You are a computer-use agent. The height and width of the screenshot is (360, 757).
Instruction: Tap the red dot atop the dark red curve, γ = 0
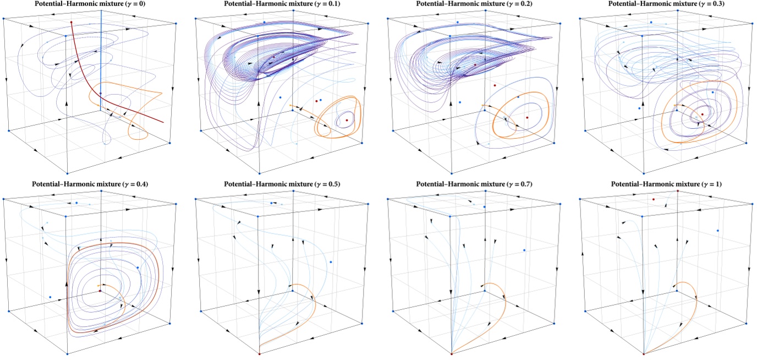coord(72,23)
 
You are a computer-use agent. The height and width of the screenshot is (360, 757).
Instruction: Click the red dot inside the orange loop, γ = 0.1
coord(347,120)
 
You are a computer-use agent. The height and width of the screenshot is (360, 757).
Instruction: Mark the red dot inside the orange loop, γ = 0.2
coord(527,118)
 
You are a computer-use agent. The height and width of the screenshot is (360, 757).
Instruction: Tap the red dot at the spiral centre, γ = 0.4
coord(100,291)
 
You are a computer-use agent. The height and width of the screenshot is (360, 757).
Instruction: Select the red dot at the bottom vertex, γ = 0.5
coord(259,353)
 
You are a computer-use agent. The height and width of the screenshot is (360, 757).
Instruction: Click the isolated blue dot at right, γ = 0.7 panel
coord(524,250)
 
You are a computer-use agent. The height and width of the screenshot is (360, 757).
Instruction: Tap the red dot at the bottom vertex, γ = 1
coord(643,353)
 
